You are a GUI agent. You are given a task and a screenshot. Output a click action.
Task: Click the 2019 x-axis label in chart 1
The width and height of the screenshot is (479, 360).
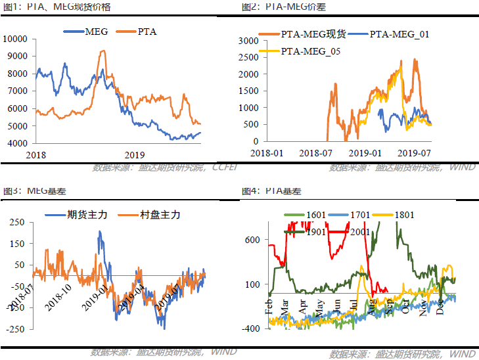(x=134, y=154)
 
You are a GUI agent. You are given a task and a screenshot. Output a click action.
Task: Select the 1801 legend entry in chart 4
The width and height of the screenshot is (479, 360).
(x=404, y=215)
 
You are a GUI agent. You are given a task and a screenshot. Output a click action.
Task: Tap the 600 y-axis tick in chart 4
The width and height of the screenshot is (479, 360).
(x=253, y=240)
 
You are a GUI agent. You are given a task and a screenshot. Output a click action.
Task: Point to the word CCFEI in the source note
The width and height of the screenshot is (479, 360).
(x=225, y=167)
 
